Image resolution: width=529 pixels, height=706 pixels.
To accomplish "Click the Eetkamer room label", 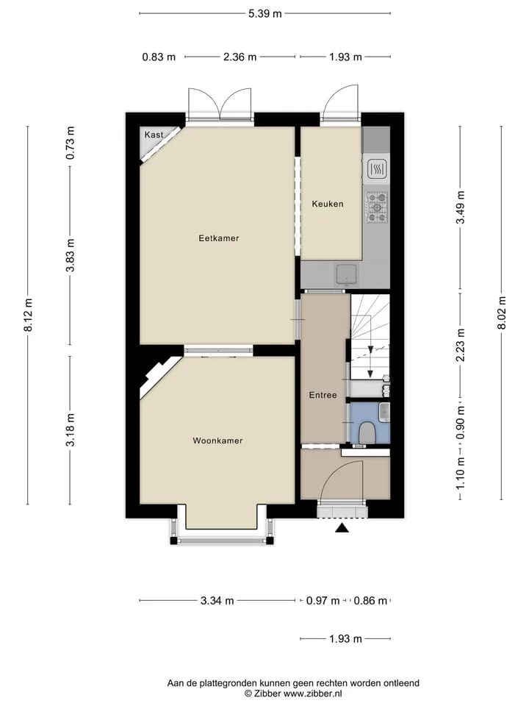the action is click(x=219, y=238).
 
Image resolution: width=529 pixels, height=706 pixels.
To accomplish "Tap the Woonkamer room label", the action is click(x=217, y=441).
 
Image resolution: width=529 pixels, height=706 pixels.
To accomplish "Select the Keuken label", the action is click(x=328, y=204).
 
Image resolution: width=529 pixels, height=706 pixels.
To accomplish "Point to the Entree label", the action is click(x=323, y=395).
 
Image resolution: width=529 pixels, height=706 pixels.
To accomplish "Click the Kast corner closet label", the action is click(x=154, y=135).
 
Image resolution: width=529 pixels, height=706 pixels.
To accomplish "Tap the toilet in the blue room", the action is click(x=368, y=432).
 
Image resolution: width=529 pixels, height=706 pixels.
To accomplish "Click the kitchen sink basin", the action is click(x=346, y=274).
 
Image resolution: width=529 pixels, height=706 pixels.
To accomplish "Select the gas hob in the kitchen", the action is click(x=377, y=207).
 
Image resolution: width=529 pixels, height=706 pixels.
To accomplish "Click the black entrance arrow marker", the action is click(x=342, y=528).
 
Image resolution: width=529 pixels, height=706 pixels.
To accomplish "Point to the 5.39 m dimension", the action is click(x=265, y=13).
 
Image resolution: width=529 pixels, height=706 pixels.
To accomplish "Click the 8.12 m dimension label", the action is click(x=28, y=314).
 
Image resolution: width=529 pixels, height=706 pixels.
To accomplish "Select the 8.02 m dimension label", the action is click(x=502, y=313).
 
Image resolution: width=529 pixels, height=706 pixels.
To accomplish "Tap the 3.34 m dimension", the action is click(x=217, y=601).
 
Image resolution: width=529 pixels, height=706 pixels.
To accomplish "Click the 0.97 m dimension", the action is click(x=323, y=601).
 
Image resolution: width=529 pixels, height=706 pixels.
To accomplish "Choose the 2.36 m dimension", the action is click(x=240, y=57).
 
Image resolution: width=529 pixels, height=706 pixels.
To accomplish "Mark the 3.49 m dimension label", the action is click(x=460, y=207).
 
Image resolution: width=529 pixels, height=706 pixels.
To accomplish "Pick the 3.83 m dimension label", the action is click(x=71, y=255).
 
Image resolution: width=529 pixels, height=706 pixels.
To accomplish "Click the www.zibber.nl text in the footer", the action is click(x=313, y=693).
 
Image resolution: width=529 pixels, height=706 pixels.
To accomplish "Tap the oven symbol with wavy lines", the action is click(x=377, y=169).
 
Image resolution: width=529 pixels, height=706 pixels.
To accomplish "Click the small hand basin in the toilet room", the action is click(x=384, y=413).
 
